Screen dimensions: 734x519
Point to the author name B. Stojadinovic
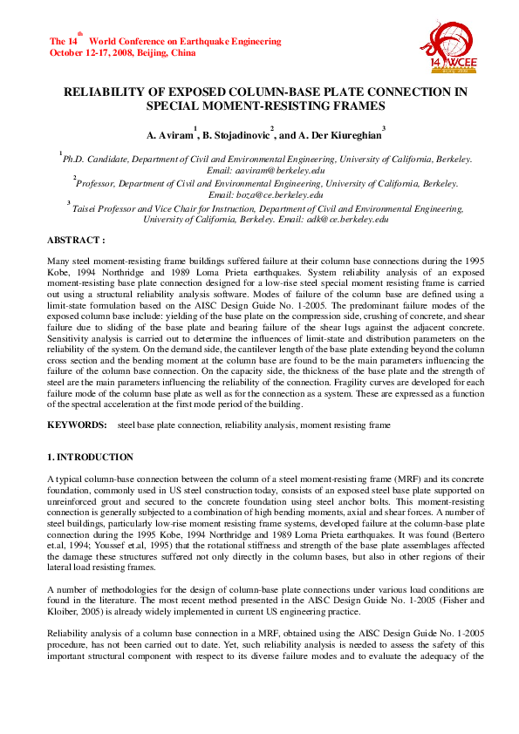tap(236, 136)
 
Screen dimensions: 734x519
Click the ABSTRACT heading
tap(76, 239)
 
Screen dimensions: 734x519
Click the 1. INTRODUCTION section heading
tap(91, 457)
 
